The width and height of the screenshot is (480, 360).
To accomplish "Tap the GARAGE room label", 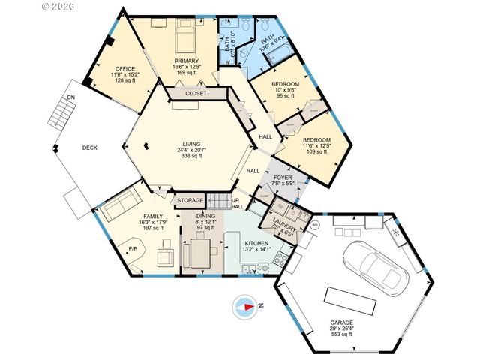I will tap(342, 323).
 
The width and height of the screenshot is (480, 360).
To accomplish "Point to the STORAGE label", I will tap(190, 201).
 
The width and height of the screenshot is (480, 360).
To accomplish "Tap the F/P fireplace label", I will tap(133, 248).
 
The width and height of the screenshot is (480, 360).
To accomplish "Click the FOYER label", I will tap(283, 178).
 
